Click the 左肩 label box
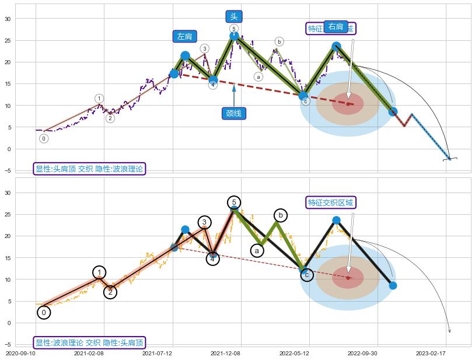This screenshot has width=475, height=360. (x=184, y=36)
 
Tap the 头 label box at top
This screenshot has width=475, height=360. (x=233, y=17)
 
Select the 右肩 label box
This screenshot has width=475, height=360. (x=336, y=26)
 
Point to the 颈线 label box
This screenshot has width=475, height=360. (x=233, y=113)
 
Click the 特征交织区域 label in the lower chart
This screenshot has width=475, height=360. (x=331, y=202)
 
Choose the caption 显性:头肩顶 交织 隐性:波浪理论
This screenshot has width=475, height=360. (x=89, y=169)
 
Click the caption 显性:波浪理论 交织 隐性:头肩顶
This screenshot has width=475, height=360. (x=89, y=342)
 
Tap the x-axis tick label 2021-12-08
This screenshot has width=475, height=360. (x=226, y=354)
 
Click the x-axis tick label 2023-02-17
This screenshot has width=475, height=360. (x=431, y=354)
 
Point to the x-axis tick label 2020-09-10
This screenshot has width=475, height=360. (x=20, y=354)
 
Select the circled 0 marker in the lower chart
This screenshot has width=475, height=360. (x=44, y=313)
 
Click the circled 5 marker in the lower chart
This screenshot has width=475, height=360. (x=234, y=202)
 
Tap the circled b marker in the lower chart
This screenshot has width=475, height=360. (x=280, y=215)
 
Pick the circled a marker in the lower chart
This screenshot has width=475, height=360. (x=257, y=250)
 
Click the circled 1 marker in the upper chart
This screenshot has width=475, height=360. (x=99, y=99)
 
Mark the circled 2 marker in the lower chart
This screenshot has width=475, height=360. (x=110, y=292)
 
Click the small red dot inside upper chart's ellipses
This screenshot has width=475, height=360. (x=348, y=104)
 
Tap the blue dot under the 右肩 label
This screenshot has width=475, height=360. (x=336, y=46)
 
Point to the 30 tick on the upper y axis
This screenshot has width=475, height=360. (x=8, y=19)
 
